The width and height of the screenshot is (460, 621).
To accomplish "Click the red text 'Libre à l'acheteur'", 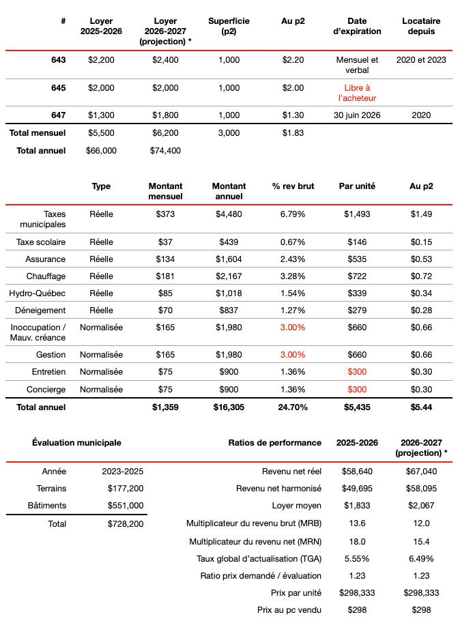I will (x=357, y=93).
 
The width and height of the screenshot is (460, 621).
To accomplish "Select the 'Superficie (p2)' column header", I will (x=229, y=27).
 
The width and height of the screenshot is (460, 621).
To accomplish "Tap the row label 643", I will (x=59, y=60).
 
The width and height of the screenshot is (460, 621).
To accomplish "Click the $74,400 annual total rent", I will (x=165, y=151).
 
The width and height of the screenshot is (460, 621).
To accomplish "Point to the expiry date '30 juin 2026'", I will (x=357, y=115).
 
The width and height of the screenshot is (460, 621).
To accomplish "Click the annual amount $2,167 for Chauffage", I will (x=229, y=276).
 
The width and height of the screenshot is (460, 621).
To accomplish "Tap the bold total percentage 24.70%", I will (x=292, y=407).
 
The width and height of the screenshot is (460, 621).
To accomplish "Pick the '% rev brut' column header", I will (x=292, y=186).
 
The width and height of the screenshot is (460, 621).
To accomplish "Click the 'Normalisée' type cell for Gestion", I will (x=101, y=355).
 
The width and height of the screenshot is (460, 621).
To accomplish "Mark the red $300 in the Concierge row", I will (x=356, y=390).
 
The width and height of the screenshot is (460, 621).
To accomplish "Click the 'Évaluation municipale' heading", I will (x=76, y=443).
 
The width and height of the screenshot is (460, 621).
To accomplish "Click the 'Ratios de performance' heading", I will (x=274, y=443).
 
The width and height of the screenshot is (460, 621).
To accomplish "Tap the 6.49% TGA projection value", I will (x=421, y=559).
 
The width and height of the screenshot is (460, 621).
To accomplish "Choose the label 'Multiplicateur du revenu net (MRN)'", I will (x=255, y=542).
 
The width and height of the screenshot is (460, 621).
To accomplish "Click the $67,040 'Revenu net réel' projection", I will (x=421, y=472).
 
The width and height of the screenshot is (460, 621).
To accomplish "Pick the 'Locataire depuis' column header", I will (x=421, y=27).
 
